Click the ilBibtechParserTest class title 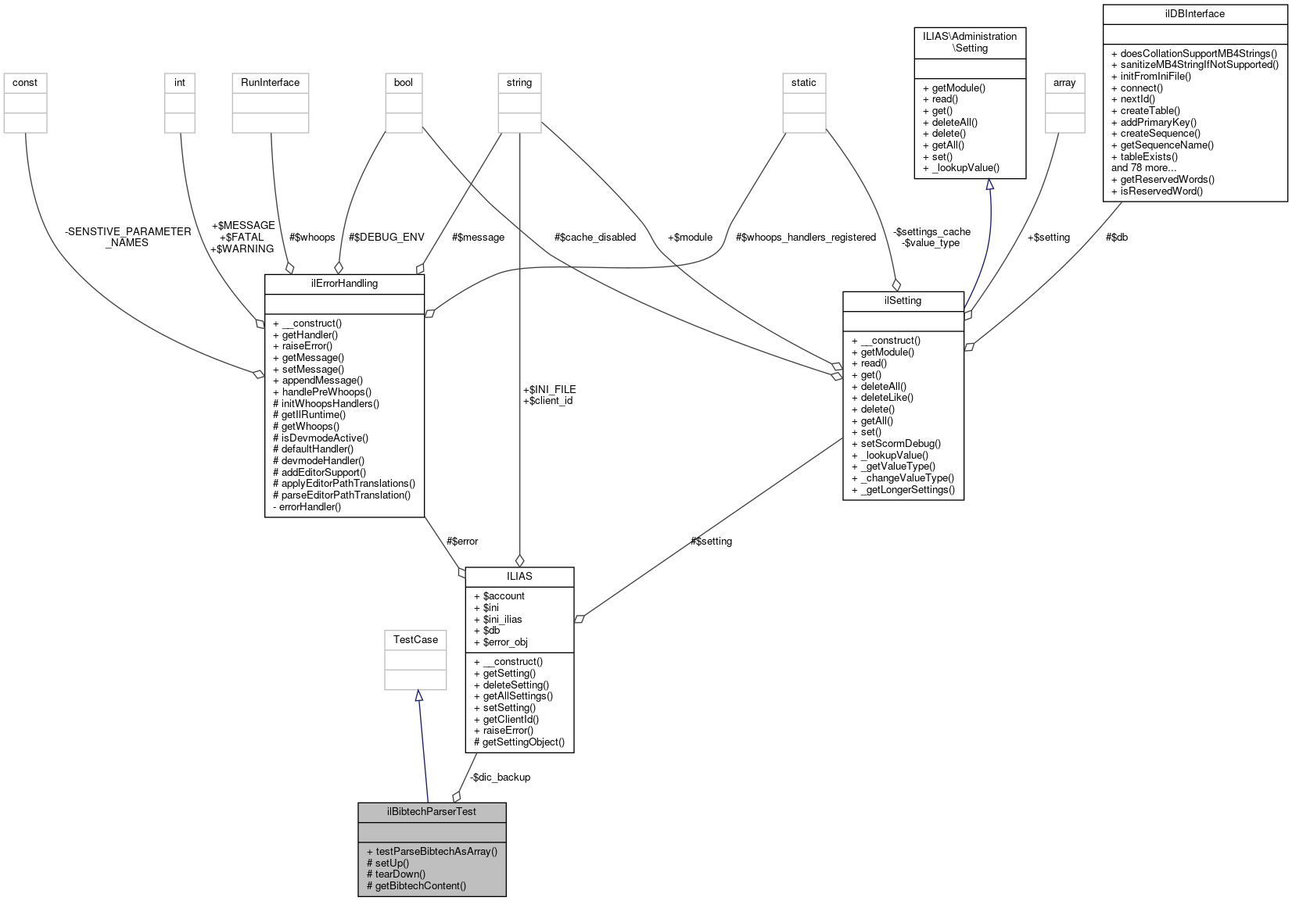coord(431,811)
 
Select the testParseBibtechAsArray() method coord(431,851)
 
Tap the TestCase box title coord(415,639)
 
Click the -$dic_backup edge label coord(500,777)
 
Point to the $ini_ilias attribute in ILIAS coord(502,619)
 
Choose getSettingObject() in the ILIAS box coord(519,742)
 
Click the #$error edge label coord(461,541)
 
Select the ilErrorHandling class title coord(344,283)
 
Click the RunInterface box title coord(270,82)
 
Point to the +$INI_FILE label coord(549,389)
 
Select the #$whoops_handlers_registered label coord(806,237)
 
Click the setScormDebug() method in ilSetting coord(895,443)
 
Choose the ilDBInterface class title coord(1194,13)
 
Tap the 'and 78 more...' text coord(1143,167)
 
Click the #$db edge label coord(1116,237)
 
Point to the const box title coord(25,82)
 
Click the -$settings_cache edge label coord(931,231)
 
